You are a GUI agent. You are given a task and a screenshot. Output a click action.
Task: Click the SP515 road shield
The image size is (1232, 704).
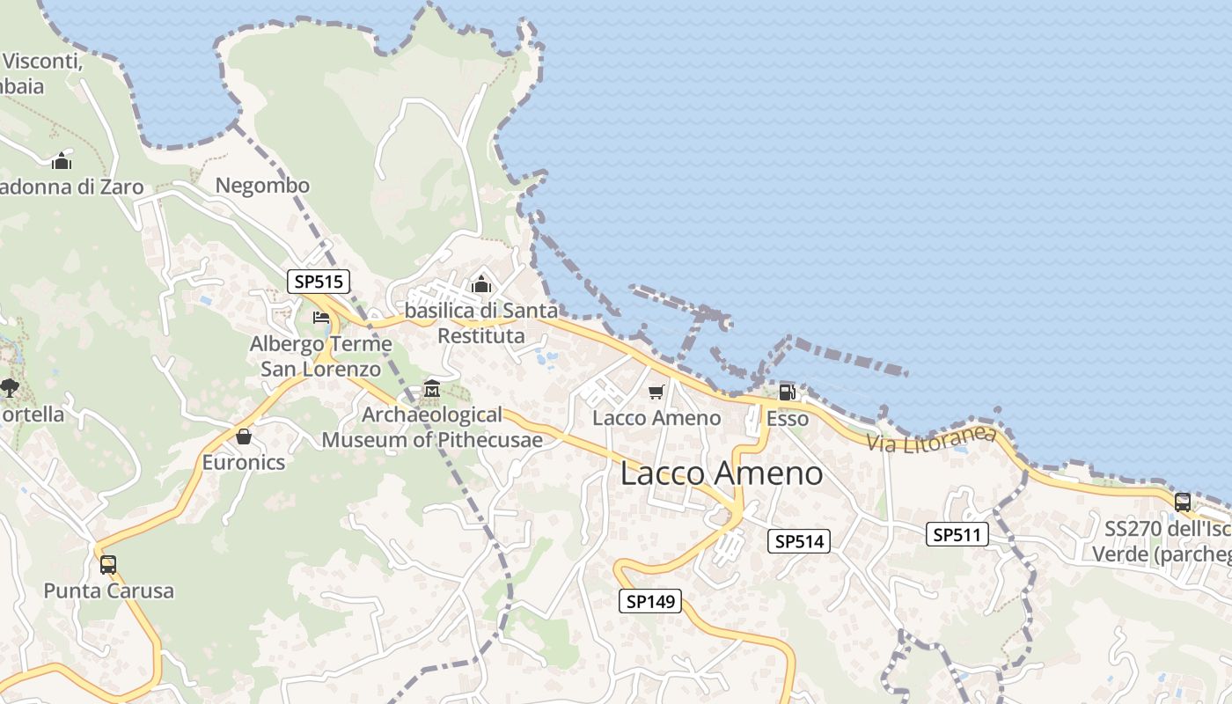tap(319, 282)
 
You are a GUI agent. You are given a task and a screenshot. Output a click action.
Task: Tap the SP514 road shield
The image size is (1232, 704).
tap(799, 541)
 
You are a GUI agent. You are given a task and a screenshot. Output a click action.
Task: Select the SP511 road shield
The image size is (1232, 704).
tap(957, 534)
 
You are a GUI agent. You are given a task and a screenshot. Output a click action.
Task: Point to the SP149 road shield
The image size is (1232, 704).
tap(650, 602)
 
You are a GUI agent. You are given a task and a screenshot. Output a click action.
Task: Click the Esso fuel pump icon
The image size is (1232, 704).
tap(787, 392)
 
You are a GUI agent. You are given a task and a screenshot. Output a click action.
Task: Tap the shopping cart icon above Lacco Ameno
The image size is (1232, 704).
tap(656, 392)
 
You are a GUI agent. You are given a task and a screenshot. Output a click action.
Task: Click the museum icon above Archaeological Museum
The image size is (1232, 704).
tap(431, 389)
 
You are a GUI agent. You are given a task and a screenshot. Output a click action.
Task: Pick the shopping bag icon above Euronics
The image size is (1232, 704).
tap(244, 436)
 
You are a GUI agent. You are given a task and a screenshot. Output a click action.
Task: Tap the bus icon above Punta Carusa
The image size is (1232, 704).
tap(108, 564)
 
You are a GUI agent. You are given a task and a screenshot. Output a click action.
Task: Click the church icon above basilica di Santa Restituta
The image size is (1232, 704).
tap(480, 285)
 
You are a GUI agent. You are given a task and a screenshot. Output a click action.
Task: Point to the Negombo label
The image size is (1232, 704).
tap(262, 186)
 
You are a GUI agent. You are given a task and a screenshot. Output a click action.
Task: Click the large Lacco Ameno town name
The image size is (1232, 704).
tap(722, 473)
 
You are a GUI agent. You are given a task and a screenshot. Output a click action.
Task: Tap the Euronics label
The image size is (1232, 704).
tap(244, 463)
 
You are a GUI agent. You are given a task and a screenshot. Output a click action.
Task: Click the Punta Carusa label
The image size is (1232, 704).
tap(109, 590)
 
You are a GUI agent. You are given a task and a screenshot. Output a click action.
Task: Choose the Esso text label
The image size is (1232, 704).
tap(787, 419)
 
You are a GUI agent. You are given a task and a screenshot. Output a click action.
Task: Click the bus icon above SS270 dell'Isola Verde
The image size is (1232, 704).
tap(1183, 502)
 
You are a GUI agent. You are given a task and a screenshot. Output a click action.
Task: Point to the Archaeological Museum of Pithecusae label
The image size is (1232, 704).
tap(432, 427)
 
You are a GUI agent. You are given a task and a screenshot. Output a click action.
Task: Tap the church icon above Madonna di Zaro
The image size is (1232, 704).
tap(61, 162)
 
